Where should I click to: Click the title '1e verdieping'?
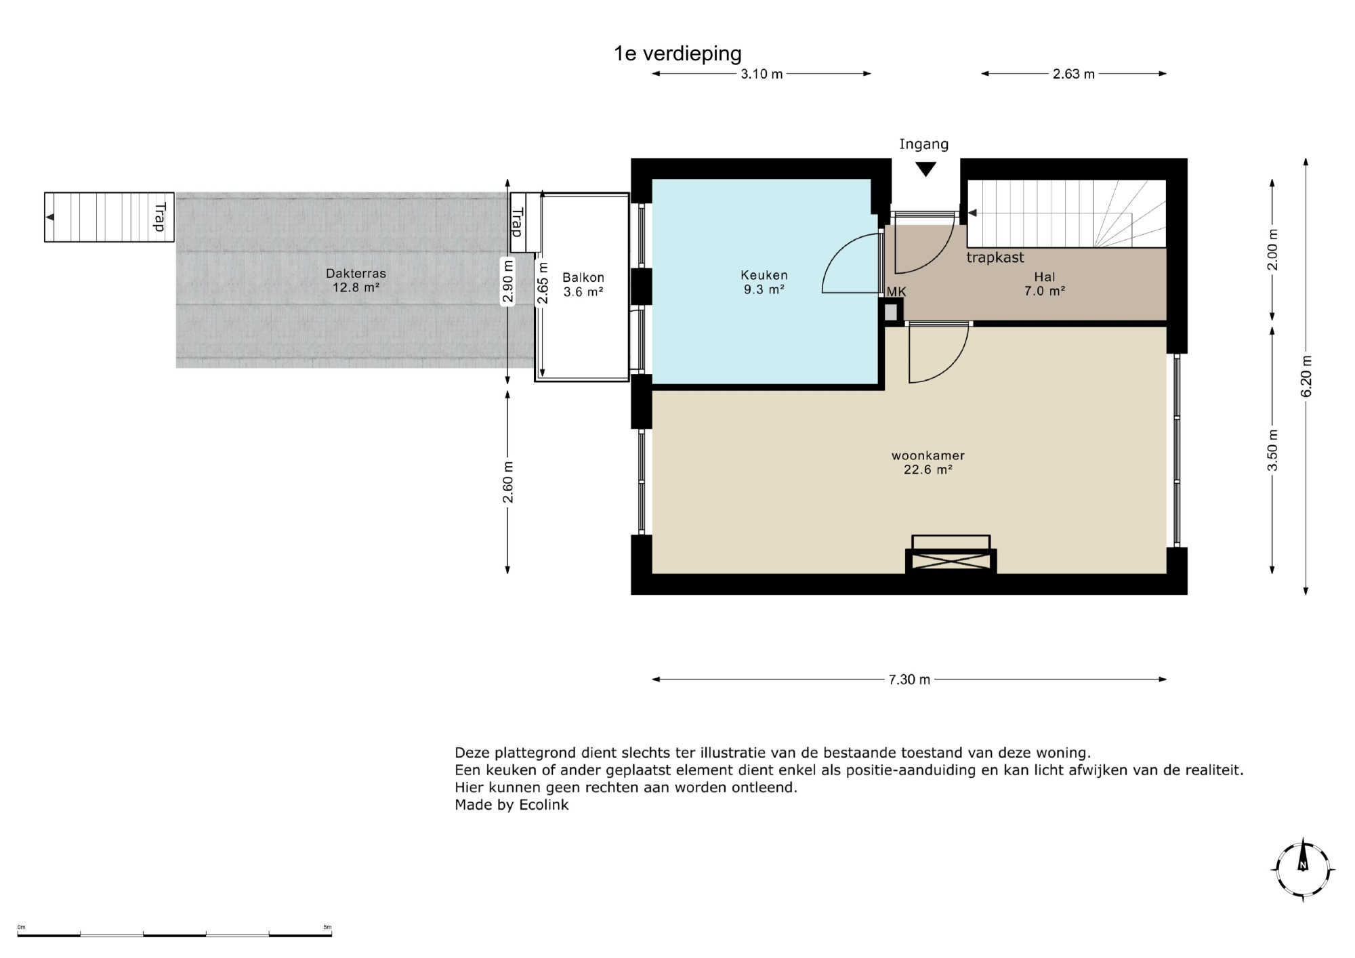coord(677,54)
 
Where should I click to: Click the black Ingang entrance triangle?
coord(925,169)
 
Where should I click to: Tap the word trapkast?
coord(995,257)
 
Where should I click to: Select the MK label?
coord(896,292)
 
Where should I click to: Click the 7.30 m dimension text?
coord(909,680)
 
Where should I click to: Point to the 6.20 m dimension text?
coord(1306,377)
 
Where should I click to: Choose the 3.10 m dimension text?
coord(762,74)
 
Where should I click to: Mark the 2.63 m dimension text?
coord(1074,74)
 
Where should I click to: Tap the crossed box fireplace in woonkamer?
coord(951,560)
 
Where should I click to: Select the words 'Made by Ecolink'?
coord(512,805)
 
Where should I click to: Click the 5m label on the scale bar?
coord(327,927)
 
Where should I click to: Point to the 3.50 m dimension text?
coord(1273,450)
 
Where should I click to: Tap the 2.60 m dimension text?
coord(508,482)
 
